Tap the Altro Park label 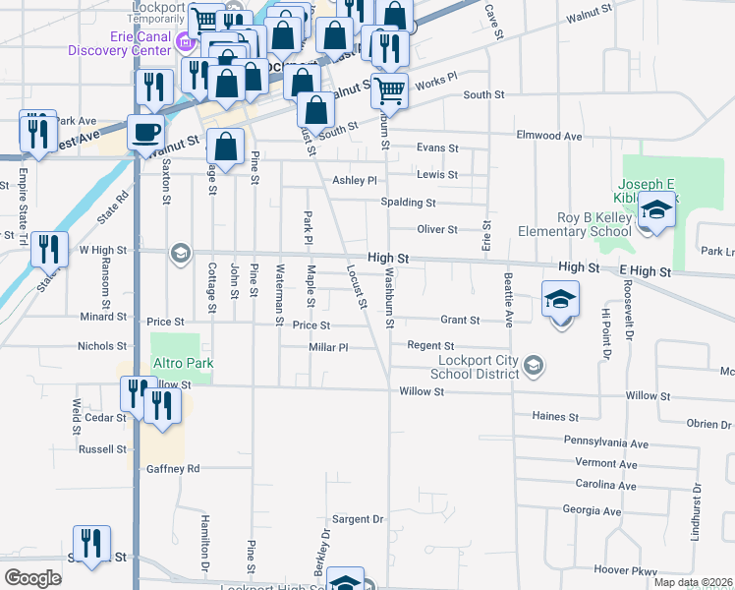coord(182,364)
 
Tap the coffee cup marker coord(145,132)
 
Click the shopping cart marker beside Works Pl coord(390,91)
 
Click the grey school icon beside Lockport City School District coord(533,367)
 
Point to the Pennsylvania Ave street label coord(606,443)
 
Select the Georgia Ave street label coord(592,511)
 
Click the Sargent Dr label coord(357,519)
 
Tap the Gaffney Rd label coord(174,469)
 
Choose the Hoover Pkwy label coord(624,570)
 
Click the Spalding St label coord(409,203)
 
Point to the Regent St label coord(430,346)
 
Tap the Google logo coord(32,578)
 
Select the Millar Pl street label coord(329,347)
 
